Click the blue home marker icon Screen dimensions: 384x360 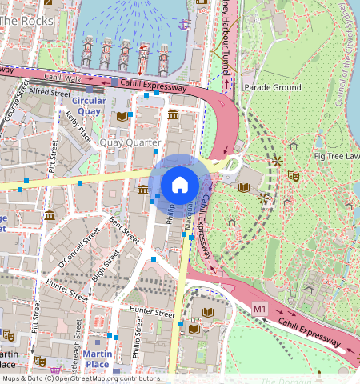point(180,185)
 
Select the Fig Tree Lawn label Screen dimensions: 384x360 point(336,156)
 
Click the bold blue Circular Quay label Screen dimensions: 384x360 point(89,106)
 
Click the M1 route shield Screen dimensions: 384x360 point(258,307)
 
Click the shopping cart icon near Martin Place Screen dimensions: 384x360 point(54,370)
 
